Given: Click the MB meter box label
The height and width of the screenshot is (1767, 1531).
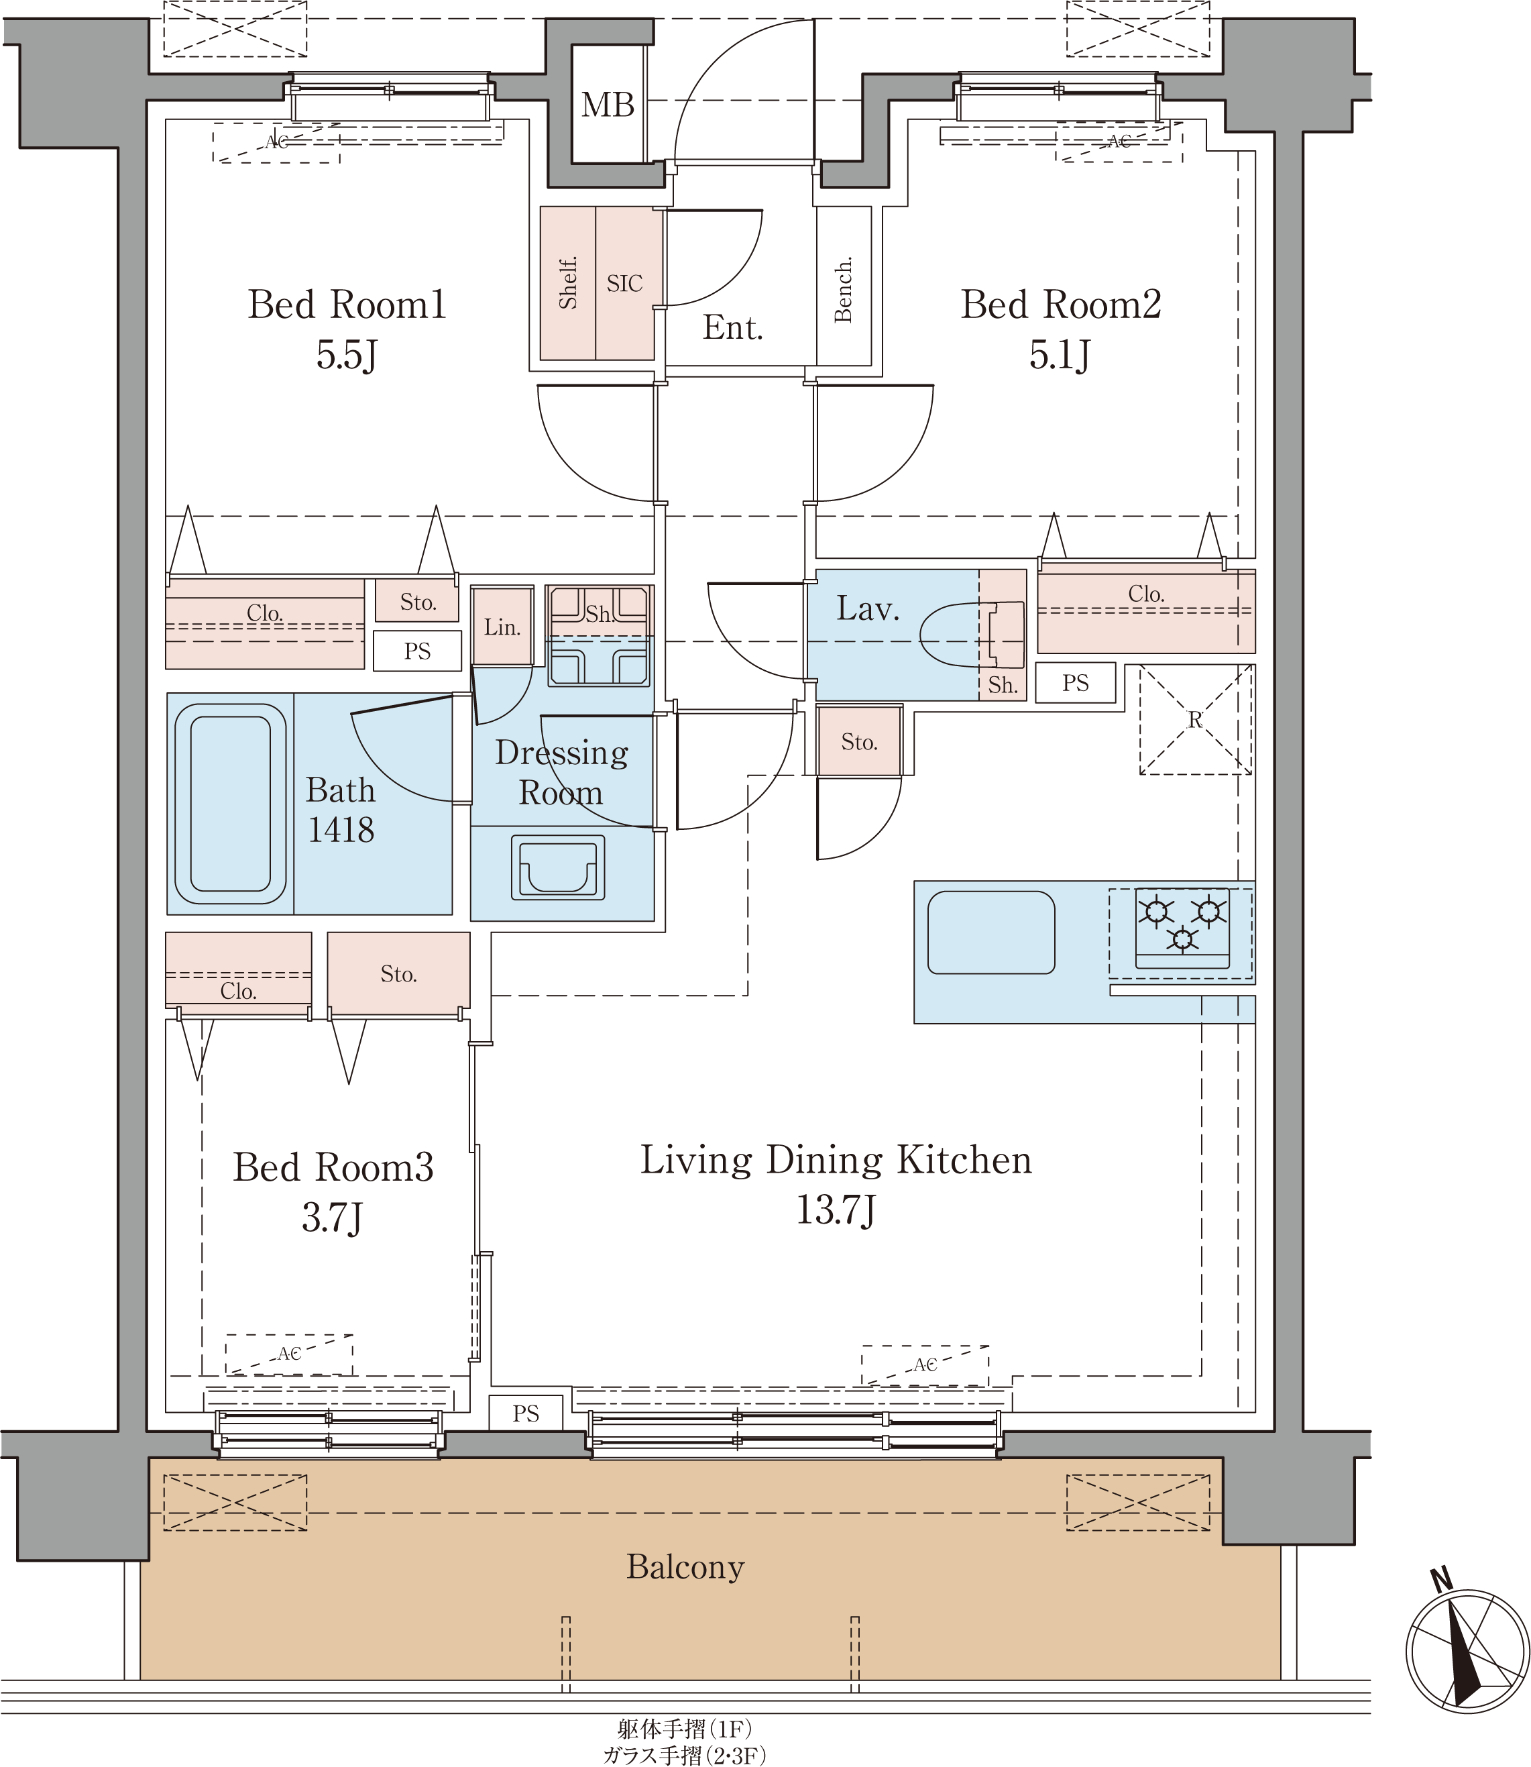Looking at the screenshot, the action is (608, 105).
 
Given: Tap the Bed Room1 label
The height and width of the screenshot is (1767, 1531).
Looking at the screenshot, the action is (347, 304).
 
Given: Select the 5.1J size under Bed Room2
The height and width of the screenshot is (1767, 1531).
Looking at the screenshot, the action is (1060, 355).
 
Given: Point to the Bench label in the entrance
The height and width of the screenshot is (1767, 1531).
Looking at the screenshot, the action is (843, 289).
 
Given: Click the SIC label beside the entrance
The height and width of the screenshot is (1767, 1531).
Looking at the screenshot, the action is (624, 284).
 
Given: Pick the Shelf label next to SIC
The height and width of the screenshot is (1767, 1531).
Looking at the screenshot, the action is (568, 283).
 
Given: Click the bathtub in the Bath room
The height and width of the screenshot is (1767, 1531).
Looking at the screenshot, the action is (231, 804).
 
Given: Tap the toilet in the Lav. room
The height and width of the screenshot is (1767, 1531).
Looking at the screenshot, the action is (972, 635).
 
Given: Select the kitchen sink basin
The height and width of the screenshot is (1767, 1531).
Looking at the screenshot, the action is (991, 932).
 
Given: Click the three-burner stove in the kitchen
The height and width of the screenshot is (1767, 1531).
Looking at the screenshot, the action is (1182, 928).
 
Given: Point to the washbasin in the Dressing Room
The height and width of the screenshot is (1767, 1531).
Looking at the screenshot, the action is (558, 867).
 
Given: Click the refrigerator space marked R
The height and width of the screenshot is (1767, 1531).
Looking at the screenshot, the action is (1195, 719).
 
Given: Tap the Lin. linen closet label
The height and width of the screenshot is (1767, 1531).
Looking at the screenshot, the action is (502, 627).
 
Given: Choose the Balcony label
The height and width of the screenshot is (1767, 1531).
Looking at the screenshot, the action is (685, 1567).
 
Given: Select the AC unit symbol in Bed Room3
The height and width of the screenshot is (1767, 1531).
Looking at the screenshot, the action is (289, 1354).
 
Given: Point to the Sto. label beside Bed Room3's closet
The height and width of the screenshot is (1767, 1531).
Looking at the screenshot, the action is (398, 974).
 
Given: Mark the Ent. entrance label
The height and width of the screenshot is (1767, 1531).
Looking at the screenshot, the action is (732, 327).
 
